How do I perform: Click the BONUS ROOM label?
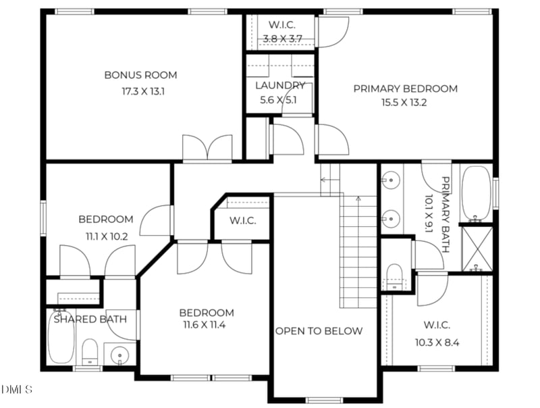click(x=140, y=75)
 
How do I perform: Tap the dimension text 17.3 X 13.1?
click(x=143, y=92)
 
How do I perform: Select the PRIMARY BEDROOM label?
click(x=406, y=89)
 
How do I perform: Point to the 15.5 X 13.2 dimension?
click(x=404, y=103)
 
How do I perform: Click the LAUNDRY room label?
click(x=280, y=86)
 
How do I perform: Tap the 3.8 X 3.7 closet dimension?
click(x=282, y=39)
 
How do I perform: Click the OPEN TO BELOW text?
click(x=319, y=331)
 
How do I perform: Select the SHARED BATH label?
click(x=90, y=320)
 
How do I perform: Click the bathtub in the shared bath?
click(x=61, y=337)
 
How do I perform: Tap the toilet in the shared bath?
click(x=90, y=351)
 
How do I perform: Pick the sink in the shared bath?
click(x=119, y=355)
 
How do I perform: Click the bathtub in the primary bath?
click(x=476, y=194)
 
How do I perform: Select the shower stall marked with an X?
click(x=477, y=248)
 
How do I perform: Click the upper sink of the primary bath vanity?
click(x=391, y=180)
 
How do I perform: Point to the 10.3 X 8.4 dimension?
click(x=437, y=342)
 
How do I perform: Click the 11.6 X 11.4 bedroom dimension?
click(x=205, y=325)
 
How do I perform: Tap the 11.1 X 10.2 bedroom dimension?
click(x=107, y=236)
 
